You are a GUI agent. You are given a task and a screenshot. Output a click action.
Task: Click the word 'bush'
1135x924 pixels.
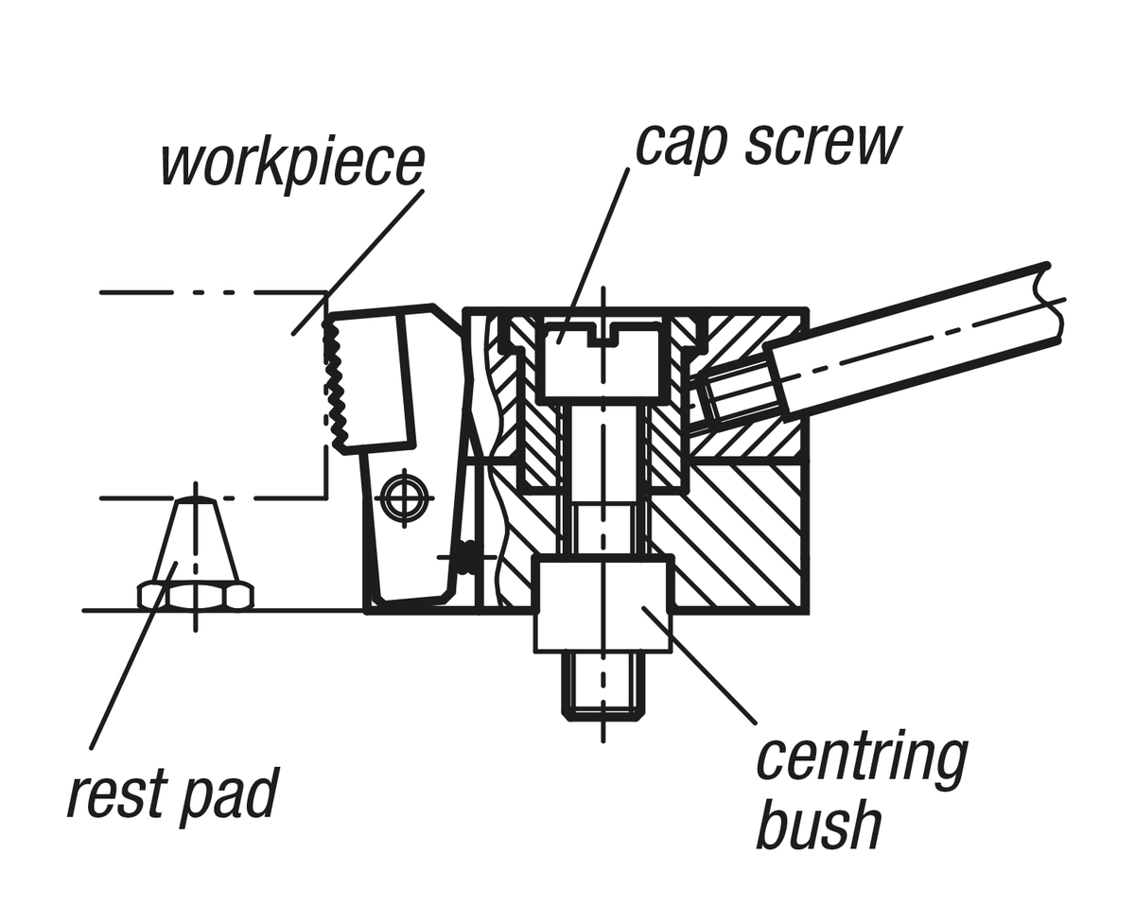[x=819, y=826]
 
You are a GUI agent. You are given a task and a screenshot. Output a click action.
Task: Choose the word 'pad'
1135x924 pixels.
[x=233, y=794]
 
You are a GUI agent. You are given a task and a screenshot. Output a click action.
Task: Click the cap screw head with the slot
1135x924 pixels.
[x=602, y=359]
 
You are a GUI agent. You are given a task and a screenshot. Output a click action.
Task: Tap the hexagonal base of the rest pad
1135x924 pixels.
[x=196, y=596]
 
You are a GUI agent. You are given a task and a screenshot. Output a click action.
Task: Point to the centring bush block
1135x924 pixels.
[x=602, y=603]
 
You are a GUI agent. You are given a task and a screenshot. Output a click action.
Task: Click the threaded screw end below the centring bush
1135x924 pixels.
[x=602, y=685]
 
